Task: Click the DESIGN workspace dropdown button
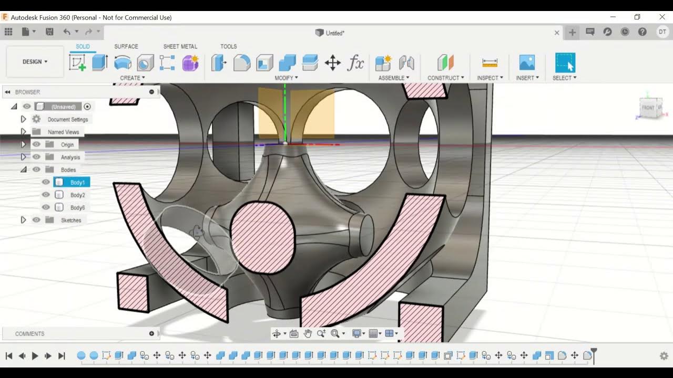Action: tap(35, 62)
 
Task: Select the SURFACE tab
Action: tap(126, 47)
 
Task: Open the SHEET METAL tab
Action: tap(180, 47)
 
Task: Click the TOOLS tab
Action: tap(228, 47)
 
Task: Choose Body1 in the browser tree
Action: tap(77, 183)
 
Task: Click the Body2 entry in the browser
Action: tap(77, 195)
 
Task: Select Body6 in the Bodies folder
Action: tap(77, 208)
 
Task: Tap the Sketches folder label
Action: tap(71, 220)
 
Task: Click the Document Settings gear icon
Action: tap(36, 119)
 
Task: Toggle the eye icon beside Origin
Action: tap(36, 144)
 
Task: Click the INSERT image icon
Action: tap(526, 63)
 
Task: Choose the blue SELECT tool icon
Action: tap(565, 63)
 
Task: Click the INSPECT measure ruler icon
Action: tap(490, 63)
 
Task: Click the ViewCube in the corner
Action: tap(650, 108)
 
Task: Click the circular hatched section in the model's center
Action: tap(263, 237)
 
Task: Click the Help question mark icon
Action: tap(642, 32)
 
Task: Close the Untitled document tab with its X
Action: tap(557, 33)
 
